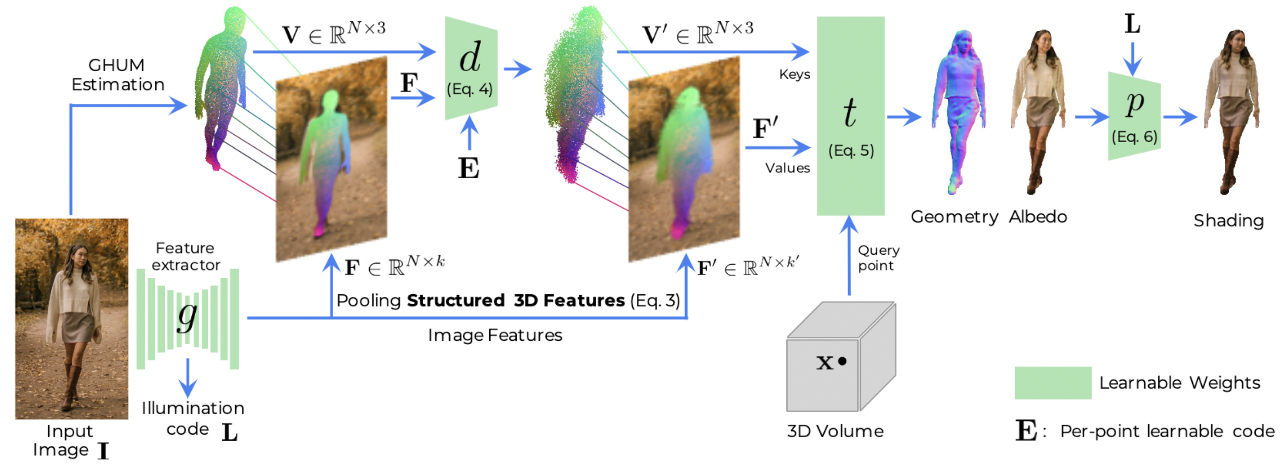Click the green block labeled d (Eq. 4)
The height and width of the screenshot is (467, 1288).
click(470, 68)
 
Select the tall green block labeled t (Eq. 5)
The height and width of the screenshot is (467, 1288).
click(850, 116)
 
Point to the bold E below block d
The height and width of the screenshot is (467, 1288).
click(469, 169)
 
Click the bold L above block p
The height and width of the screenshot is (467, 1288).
click(1132, 24)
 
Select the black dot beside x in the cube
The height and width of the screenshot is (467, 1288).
click(843, 361)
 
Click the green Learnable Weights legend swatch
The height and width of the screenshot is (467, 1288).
click(1052, 383)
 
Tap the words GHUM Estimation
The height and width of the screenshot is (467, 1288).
click(118, 75)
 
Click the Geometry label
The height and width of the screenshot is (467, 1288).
click(954, 217)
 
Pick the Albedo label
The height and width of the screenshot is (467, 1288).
click(1038, 217)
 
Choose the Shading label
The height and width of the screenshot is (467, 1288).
click(1229, 221)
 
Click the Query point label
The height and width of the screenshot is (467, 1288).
click(878, 258)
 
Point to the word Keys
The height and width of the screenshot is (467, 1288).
click(794, 75)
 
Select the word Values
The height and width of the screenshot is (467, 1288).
click(787, 168)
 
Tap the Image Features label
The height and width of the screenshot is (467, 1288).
click(495, 335)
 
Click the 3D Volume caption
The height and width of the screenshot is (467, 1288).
click(835, 431)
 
